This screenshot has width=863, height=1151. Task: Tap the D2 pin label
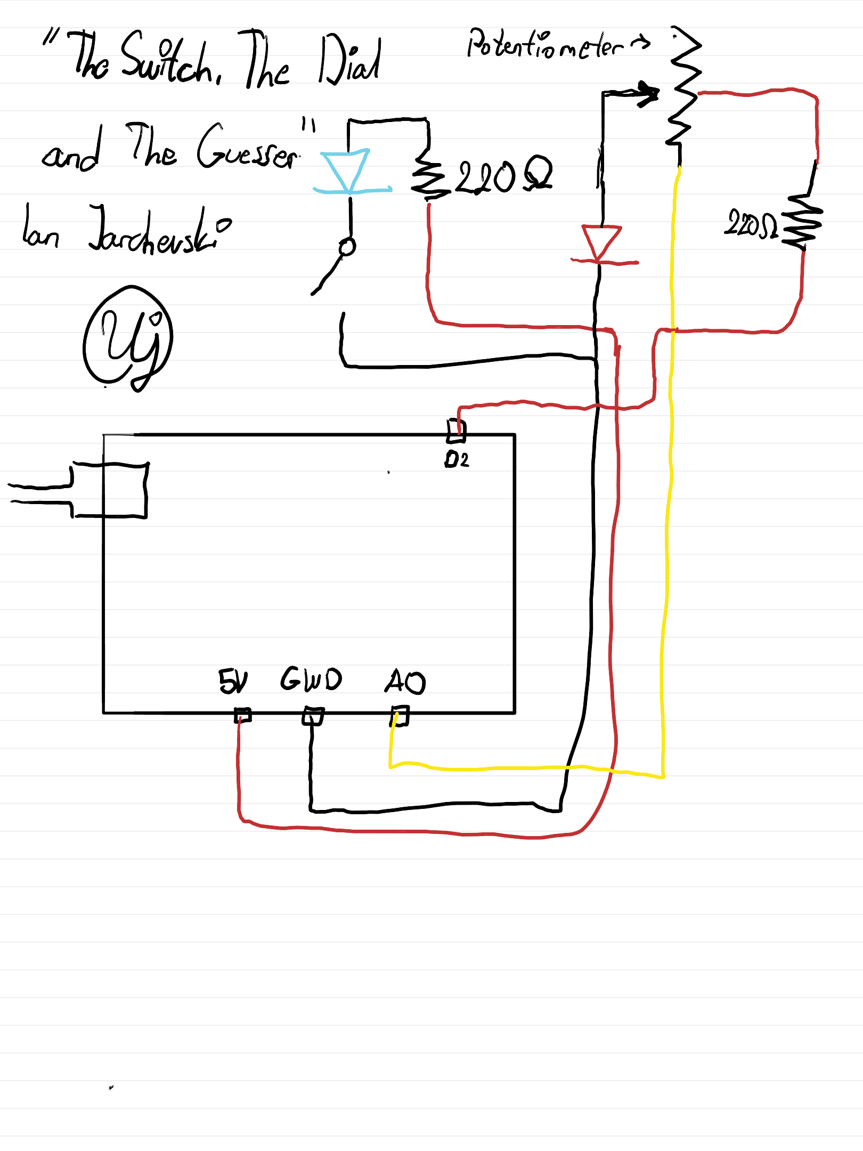point(457,459)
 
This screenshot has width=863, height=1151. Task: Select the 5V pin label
point(233,680)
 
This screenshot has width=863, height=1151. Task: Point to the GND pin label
point(311,679)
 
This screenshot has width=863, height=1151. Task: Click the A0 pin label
point(405,682)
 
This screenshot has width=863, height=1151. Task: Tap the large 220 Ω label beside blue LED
point(503,176)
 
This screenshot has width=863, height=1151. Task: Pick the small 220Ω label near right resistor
point(751,224)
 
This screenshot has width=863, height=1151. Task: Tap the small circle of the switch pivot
point(347,247)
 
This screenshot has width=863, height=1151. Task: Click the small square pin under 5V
point(243,715)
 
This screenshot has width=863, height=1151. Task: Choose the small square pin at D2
point(456,431)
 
